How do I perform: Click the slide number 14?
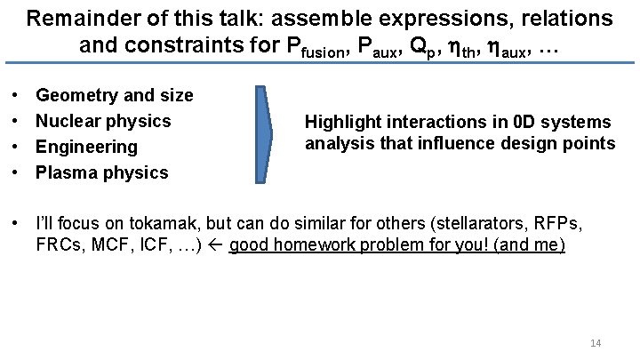click(x=596, y=343)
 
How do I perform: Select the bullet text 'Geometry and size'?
click(x=114, y=94)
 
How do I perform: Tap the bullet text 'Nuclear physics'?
click(x=103, y=120)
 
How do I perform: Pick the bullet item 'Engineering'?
click(x=86, y=146)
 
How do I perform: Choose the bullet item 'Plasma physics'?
click(x=101, y=172)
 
